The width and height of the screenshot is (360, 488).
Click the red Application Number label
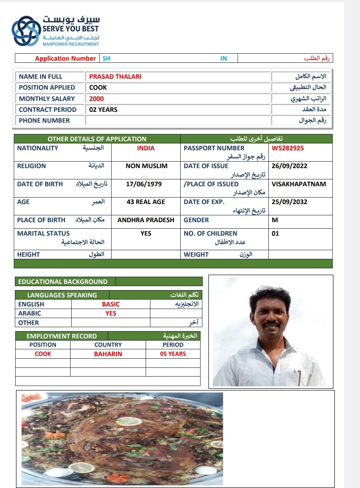tap(65, 58)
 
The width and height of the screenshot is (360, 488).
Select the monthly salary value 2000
tap(96, 99)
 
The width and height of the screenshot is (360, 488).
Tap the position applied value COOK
tap(98, 88)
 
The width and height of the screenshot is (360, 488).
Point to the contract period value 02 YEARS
tap(103, 110)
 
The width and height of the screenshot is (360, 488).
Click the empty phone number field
tap(178, 121)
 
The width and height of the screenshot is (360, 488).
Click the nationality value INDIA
tap(146, 148)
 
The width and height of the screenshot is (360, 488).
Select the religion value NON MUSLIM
tap(146, 166)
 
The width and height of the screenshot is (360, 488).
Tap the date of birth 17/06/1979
tap(144, 184)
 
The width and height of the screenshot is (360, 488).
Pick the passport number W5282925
tap(288, 148)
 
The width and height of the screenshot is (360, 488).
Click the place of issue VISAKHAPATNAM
tap(299, 184)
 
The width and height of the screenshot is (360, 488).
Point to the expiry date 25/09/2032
tap(290, 202)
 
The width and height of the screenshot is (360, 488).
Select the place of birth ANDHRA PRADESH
tap(146, 220)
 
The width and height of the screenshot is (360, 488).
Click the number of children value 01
tap(275, 233)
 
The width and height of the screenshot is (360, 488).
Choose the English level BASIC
tap(111, 304)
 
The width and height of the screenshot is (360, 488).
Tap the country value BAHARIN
tap(108, 354)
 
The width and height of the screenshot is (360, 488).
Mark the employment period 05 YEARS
tap(173, 354)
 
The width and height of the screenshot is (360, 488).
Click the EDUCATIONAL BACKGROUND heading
tap(63, 282)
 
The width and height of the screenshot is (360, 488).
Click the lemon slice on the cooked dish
tap(129, 421)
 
